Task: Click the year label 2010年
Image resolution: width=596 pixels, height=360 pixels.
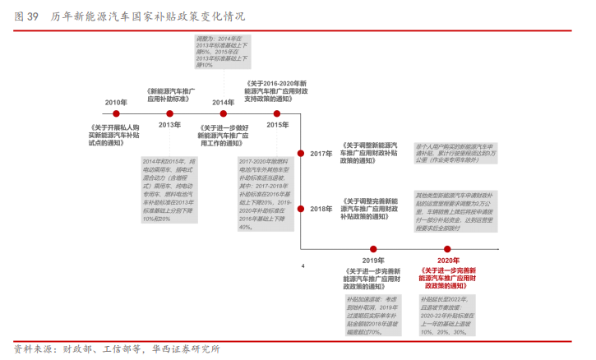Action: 116,103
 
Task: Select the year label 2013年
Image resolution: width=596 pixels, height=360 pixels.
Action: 169,125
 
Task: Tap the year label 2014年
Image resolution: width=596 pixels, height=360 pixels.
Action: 223,103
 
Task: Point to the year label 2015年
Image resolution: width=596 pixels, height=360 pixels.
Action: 277,125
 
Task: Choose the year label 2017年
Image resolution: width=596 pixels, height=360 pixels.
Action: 321,154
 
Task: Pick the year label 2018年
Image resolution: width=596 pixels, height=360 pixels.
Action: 321,210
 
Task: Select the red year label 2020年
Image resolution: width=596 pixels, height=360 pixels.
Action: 448,261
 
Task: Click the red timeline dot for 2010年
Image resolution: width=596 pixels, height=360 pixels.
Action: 116,113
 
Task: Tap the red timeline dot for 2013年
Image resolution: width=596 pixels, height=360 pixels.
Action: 169,113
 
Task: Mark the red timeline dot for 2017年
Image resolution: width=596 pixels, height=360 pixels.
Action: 302,154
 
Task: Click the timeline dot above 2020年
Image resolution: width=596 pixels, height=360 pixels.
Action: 448,248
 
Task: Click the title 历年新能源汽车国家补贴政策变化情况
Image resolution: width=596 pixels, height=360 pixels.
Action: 148,16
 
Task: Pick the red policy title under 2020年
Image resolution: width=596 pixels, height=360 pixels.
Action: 448,278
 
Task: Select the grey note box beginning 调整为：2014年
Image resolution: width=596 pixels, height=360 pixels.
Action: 222,52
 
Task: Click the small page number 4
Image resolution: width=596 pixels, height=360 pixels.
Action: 303,266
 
